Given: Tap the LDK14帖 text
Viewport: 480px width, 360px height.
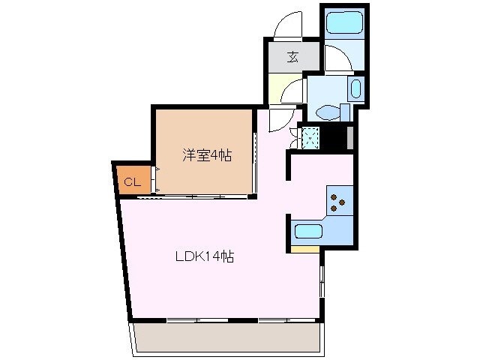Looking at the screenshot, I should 205,256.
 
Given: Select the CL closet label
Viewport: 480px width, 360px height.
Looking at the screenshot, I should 131,182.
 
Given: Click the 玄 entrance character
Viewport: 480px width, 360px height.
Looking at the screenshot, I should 292,55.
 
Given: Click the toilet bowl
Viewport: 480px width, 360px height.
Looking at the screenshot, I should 327,113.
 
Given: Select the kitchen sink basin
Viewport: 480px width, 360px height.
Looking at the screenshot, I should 308,232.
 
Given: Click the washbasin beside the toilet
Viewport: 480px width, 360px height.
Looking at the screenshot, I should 355,91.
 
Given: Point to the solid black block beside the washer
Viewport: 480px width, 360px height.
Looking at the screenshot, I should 334,138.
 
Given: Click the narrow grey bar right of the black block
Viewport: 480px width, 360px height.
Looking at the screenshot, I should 349,138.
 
